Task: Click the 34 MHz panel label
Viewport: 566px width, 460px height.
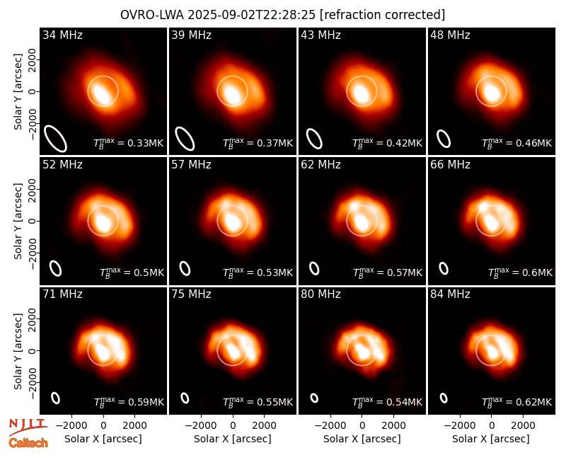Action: pos(62,35)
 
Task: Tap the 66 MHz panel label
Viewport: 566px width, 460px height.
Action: pos(450,165)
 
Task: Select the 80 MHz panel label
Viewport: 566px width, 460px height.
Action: pos(321,294)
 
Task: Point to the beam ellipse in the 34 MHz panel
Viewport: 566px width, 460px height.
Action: pos(56,138)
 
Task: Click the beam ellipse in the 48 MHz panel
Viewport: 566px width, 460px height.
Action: pos(444,139)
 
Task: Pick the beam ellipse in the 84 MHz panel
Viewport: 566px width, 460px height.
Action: pos(444,398)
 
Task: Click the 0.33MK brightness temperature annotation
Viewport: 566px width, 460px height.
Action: pos(129,143)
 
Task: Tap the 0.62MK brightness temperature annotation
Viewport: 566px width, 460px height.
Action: pos(517,402)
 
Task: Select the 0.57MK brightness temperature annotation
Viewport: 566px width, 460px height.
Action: pos(387,272)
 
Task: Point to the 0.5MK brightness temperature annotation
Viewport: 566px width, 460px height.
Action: pos(132,272)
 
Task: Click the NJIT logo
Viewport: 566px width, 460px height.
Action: pos(28,427)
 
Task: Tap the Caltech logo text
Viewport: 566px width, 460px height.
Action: pos(28,443)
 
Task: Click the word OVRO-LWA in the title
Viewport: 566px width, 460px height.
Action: pos(152,15)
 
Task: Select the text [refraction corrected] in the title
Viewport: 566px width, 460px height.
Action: pos(383,15)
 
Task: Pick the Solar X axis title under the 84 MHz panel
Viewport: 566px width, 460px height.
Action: pos(491,439)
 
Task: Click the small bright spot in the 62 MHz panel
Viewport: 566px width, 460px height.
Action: pos(354,206)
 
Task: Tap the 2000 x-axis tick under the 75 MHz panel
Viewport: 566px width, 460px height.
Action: pos(264,426)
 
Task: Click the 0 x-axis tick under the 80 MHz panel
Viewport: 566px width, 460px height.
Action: pos(362,426)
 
